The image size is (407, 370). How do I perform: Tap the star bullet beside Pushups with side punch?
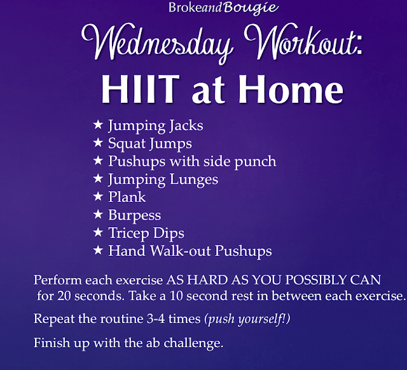(97, 161)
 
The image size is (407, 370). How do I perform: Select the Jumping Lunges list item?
(163, 179)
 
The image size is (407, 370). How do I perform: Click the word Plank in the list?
(127, 197)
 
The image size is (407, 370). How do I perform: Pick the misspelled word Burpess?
(134, 215)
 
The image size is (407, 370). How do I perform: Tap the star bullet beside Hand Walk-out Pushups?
(97, 251)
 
